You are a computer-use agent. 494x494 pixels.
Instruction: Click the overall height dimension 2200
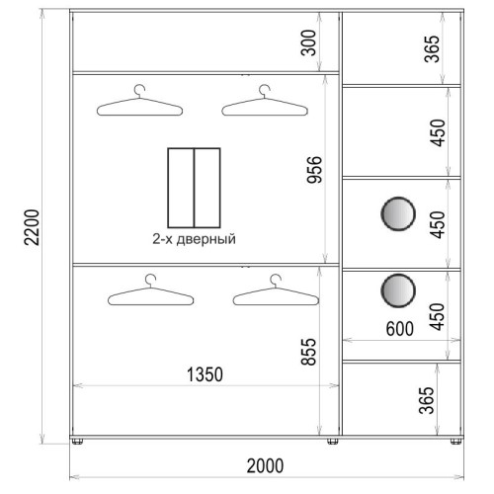(x=33, y=227)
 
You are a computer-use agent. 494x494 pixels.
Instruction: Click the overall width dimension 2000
(x=265, y=465)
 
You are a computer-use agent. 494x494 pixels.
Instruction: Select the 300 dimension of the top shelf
(x=309, y=42)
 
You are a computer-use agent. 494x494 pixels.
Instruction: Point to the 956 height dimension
(x=314, y=170)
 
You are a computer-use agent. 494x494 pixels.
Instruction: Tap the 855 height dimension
(x=309, y=352)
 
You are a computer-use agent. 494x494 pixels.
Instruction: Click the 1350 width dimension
(x=205, y=374)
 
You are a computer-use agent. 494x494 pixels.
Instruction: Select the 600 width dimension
(x=399, y=329)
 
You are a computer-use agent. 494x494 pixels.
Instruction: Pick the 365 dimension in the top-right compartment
(x=432, y=48)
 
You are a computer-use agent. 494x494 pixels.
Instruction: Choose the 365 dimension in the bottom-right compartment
(x=427, y=400)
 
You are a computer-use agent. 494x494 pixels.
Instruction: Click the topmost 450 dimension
(x=438, y=132)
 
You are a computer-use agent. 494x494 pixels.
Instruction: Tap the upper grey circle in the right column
(x=398, y=213)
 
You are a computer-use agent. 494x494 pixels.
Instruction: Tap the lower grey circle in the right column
(x=398, y=290)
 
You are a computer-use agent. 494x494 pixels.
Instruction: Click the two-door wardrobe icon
(x=194, y=188)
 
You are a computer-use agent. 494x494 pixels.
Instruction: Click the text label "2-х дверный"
(x=194, y=239)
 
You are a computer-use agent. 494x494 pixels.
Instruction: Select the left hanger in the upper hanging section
(x=139, y=101)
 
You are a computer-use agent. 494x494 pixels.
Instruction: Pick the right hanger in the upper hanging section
(x=265, y=101)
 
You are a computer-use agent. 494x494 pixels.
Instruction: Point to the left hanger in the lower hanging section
(x=151, y=289)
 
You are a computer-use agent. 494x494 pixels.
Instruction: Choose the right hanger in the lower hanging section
(x=276, y=289)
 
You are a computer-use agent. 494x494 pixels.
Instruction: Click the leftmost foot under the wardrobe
(x=77, y=442)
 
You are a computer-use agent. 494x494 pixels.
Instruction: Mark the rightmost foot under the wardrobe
(x=455, y=442)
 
